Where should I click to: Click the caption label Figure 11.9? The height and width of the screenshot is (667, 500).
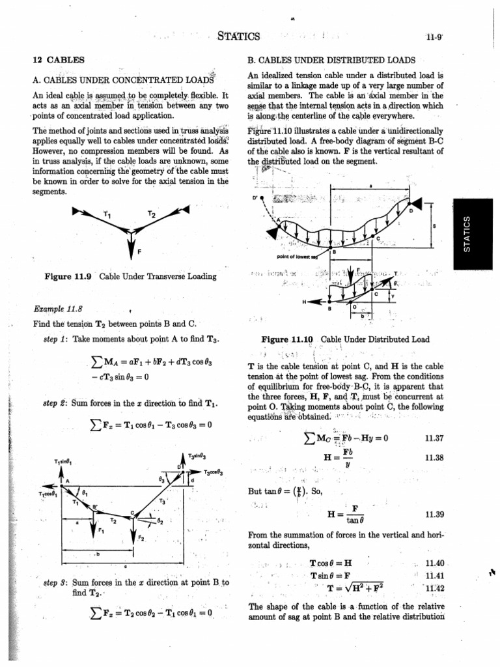pos(70,277)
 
